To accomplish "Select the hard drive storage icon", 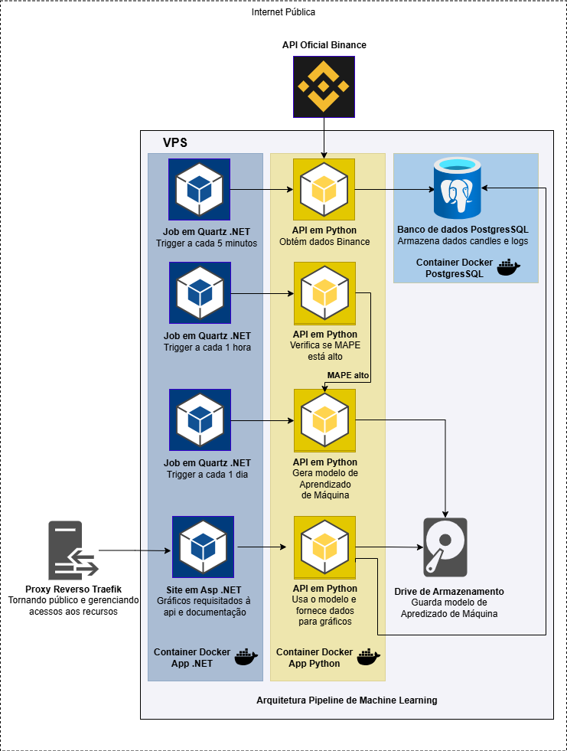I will [445, 547].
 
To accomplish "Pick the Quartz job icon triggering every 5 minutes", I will [200, 189].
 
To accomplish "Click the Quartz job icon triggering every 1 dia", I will [200, 420].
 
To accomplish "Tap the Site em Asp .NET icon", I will [203, 547].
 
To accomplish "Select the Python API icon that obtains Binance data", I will [324, 189].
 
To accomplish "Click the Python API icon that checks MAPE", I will [324, 293].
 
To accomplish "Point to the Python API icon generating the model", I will [324, 420].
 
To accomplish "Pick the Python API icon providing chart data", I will [324, 547].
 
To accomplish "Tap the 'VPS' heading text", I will [175, 143].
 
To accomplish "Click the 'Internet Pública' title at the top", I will [283, 12].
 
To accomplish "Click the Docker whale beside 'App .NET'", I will [245, 657].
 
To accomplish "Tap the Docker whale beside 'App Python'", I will [369, 657].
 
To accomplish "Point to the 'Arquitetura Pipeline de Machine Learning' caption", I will [347, 700].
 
